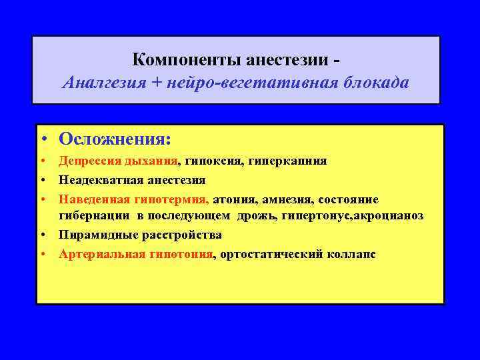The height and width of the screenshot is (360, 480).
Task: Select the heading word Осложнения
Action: (x=115, y=139)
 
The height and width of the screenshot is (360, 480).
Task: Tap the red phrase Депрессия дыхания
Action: (x=119, y=161)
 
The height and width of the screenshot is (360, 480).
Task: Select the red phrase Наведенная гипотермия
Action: (x=133, y=199)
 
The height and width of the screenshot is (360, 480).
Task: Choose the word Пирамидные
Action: (x=94, y=235)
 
